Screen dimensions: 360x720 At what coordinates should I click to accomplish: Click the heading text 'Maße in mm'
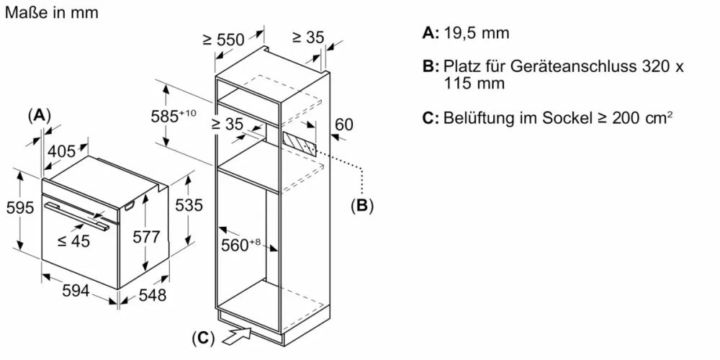pos(51,13)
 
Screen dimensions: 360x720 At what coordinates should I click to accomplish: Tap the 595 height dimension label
pos(19,208)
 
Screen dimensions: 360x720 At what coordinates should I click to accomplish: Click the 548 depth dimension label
pos(151,294)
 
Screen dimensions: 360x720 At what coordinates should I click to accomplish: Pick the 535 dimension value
pos(189,205)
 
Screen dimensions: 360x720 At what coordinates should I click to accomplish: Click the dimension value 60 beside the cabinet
pos(344,125)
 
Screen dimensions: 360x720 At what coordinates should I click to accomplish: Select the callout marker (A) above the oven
pos(40,115)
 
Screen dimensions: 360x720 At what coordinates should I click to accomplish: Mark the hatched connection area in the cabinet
pos(299,141)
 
